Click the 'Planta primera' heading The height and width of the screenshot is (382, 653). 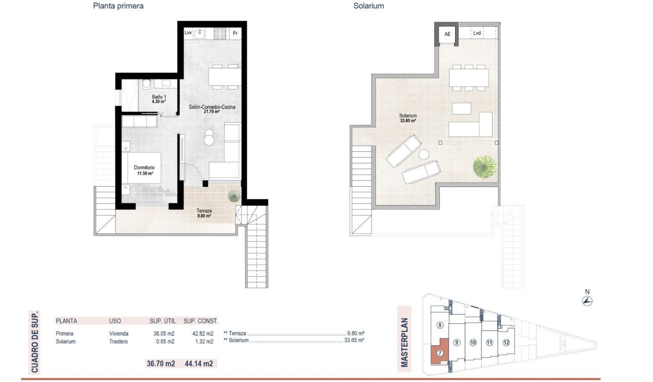click(118, 7)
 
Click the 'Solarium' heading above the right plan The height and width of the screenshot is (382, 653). click(369, 7)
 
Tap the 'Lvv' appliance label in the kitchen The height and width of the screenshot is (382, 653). click(188, 33)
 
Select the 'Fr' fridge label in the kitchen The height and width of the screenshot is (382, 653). click(235, 33)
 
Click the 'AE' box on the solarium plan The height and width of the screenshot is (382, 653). click(447, 34)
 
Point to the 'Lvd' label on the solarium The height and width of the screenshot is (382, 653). click(477, 33)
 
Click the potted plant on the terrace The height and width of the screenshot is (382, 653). click(234, 196)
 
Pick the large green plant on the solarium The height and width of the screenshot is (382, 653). click(485, 166)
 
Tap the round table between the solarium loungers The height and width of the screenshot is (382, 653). click(423, 154)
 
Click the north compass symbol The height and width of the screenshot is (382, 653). click(587, 301)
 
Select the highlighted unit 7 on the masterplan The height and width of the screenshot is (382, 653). click(439, 353)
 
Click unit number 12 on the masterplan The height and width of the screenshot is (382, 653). click(506, 343)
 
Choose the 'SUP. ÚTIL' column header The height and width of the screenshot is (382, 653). click(162, 321)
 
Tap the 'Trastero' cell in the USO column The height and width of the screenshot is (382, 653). click(118, 342)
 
